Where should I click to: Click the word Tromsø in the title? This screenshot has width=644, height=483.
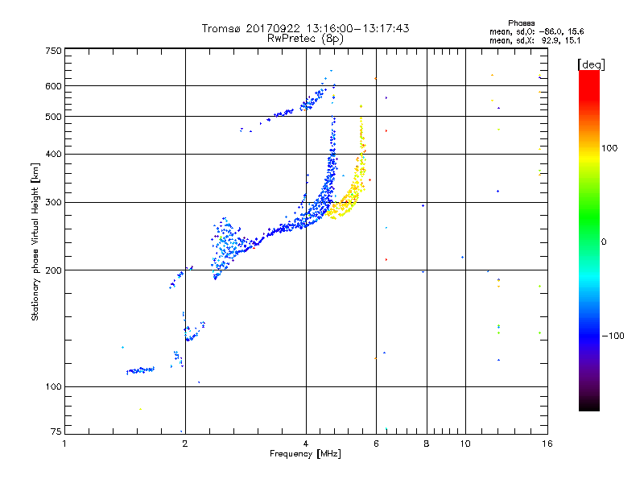point(222,28)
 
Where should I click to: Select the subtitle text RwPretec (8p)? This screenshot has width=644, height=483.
point(305,39)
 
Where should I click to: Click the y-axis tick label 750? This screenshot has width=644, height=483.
point(54,51)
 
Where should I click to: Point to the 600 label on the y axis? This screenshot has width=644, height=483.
point(54,86)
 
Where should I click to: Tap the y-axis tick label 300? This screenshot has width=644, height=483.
point(54,203)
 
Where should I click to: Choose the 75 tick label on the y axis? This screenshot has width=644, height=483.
point(56,431)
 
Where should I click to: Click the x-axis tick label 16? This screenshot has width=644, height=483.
point(547,444)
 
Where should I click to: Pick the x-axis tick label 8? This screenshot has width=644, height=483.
point(427,444)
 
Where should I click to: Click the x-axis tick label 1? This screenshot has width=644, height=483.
point(64,444)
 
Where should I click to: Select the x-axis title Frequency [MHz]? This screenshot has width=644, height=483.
point(305,454)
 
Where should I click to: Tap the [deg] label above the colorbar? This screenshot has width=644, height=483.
point(591,64)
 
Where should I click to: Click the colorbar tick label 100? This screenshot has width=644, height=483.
point(609,148)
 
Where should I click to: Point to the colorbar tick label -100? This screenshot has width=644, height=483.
point(613,336)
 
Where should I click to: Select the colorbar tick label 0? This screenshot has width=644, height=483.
point(604,242)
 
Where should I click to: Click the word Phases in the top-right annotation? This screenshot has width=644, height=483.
point(521,23)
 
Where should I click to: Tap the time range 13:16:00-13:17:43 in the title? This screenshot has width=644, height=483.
point(357,28)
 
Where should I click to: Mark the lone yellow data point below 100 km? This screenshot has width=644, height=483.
point(140,409)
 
